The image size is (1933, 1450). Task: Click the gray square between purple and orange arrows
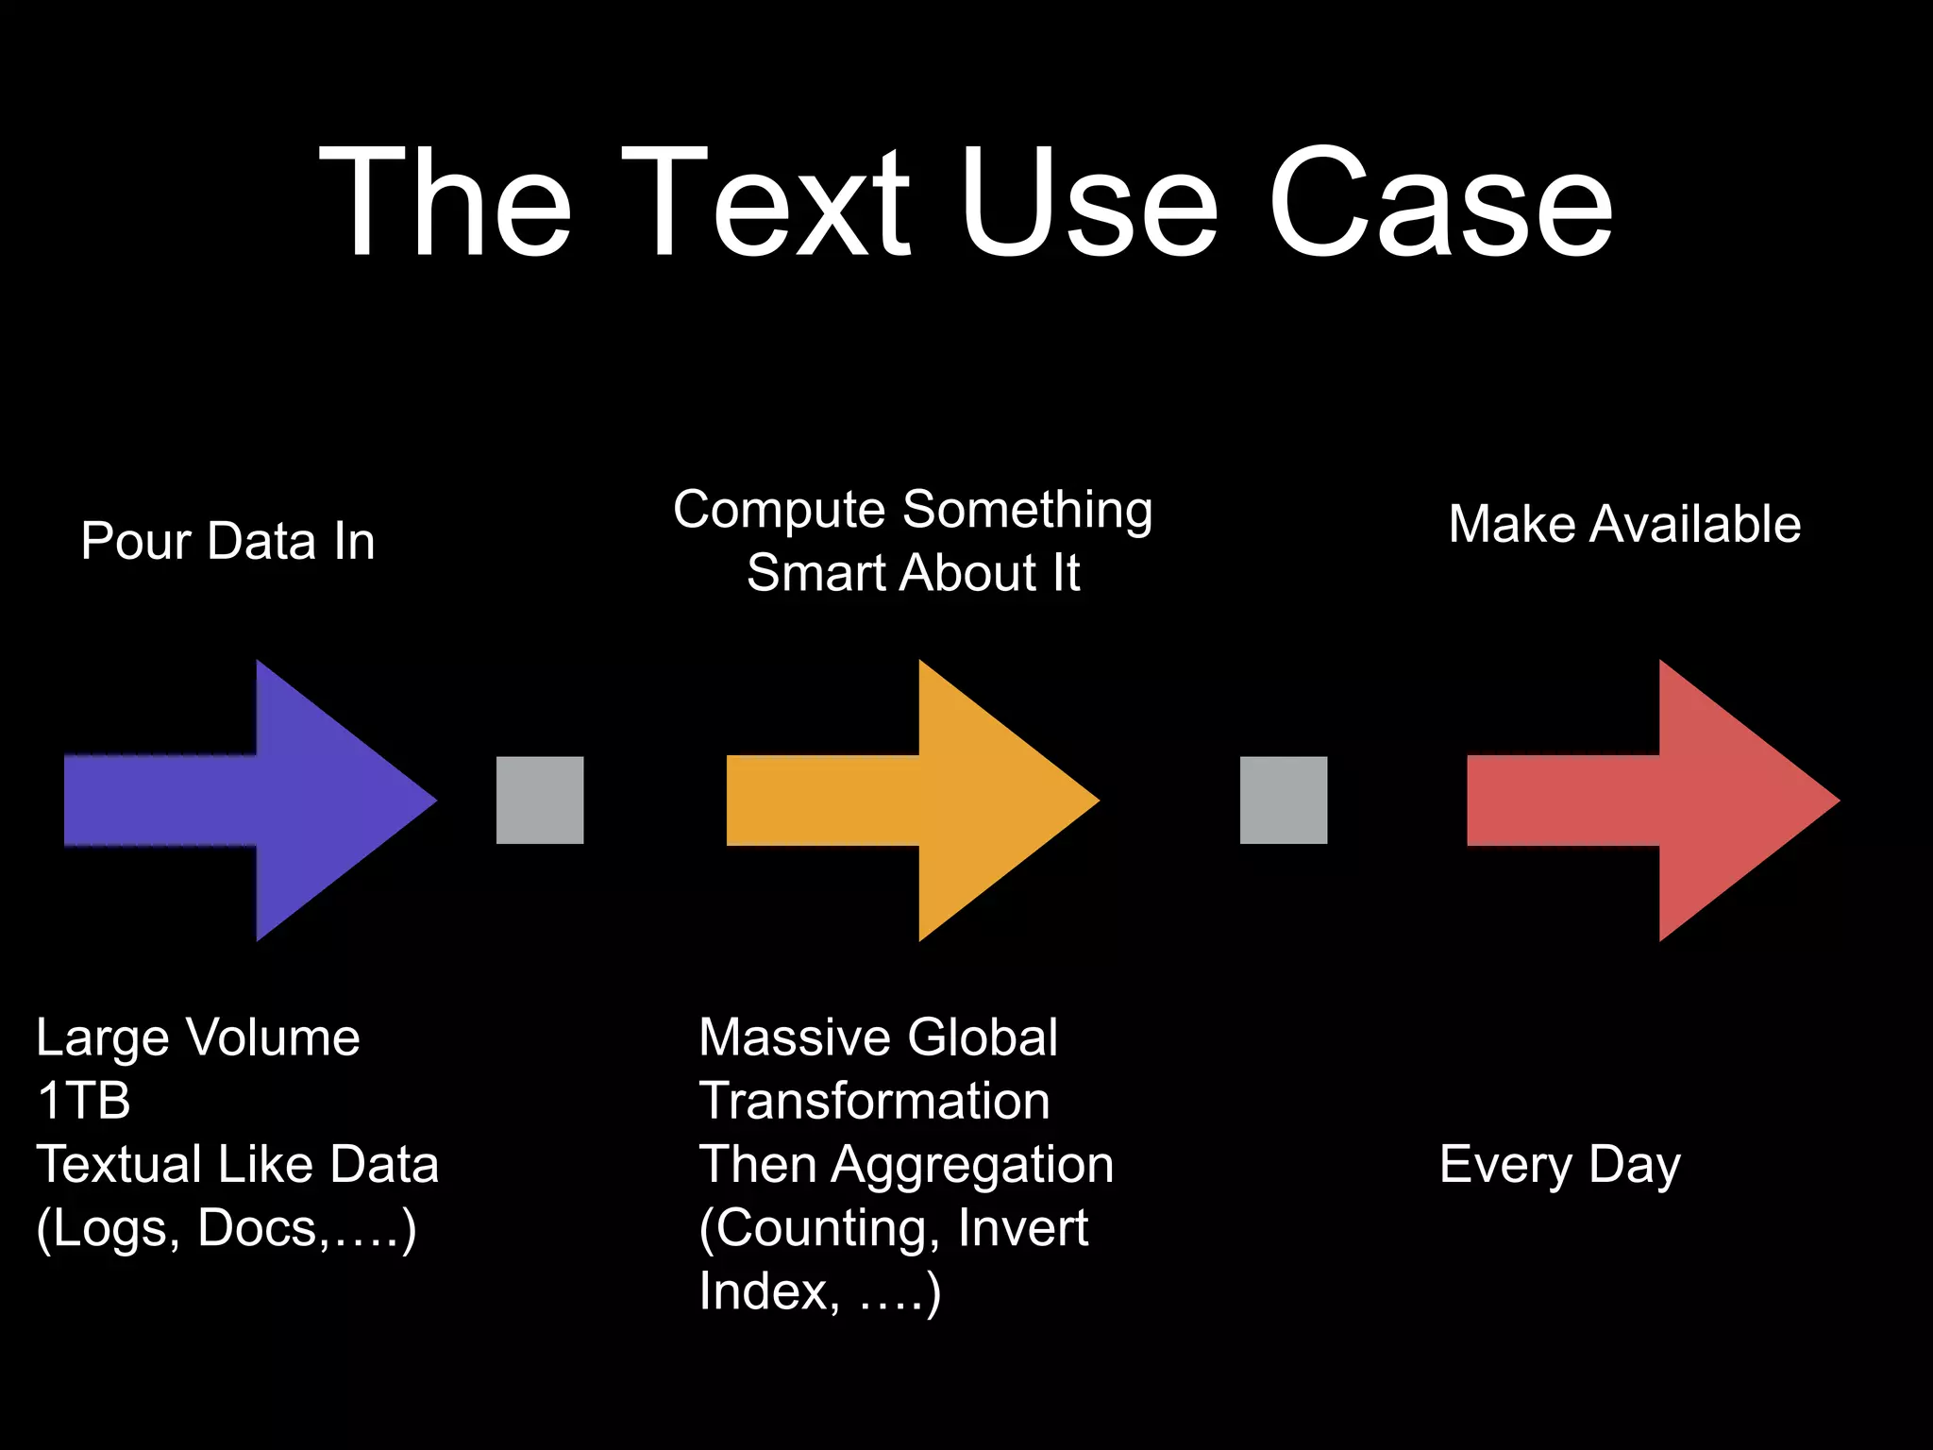[x=540, y=800]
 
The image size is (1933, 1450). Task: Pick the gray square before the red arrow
[x=1283, y=800]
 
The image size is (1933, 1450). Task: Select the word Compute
[x=780, y=511]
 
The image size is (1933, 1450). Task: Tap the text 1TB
[x=83, y=1101]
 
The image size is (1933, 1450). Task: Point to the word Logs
[x=108, y=1228]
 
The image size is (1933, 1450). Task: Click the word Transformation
[x=874, y=1101]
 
